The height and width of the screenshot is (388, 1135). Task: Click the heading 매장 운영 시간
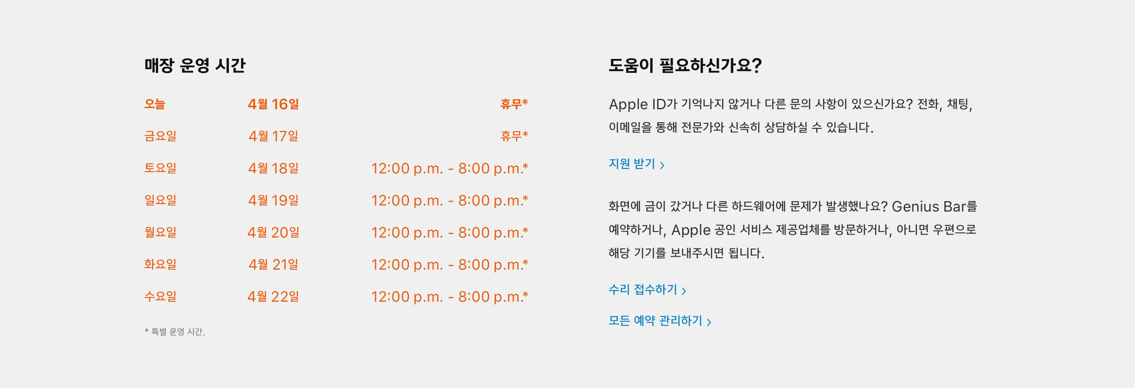click(195, 65)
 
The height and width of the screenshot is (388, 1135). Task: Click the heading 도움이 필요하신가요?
click(685, 65)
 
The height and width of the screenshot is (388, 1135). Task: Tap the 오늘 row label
click(155, 104)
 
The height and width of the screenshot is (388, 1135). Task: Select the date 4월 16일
click(273, 104)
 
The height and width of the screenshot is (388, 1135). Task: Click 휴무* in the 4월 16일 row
click(514, 104)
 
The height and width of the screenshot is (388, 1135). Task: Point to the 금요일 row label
click(160, 136)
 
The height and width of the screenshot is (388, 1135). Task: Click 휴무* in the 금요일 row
click(514, 135)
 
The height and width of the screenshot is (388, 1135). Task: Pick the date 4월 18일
click(273, 168)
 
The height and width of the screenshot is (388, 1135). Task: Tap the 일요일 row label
click(160, 200)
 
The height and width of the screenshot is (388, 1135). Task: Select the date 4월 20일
click(273, 232)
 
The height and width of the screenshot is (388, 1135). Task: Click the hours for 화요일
click(449, 264)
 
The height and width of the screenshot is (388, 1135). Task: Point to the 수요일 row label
click(160, 296)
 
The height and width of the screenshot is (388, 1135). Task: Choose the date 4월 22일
click(273, 296)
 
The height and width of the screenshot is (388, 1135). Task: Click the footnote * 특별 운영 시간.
click(175, 332)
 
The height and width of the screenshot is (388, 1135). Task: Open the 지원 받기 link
click(636, 164)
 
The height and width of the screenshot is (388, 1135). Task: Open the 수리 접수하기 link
click(647, 290)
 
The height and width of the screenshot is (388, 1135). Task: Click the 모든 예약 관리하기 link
click(660, 321)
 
